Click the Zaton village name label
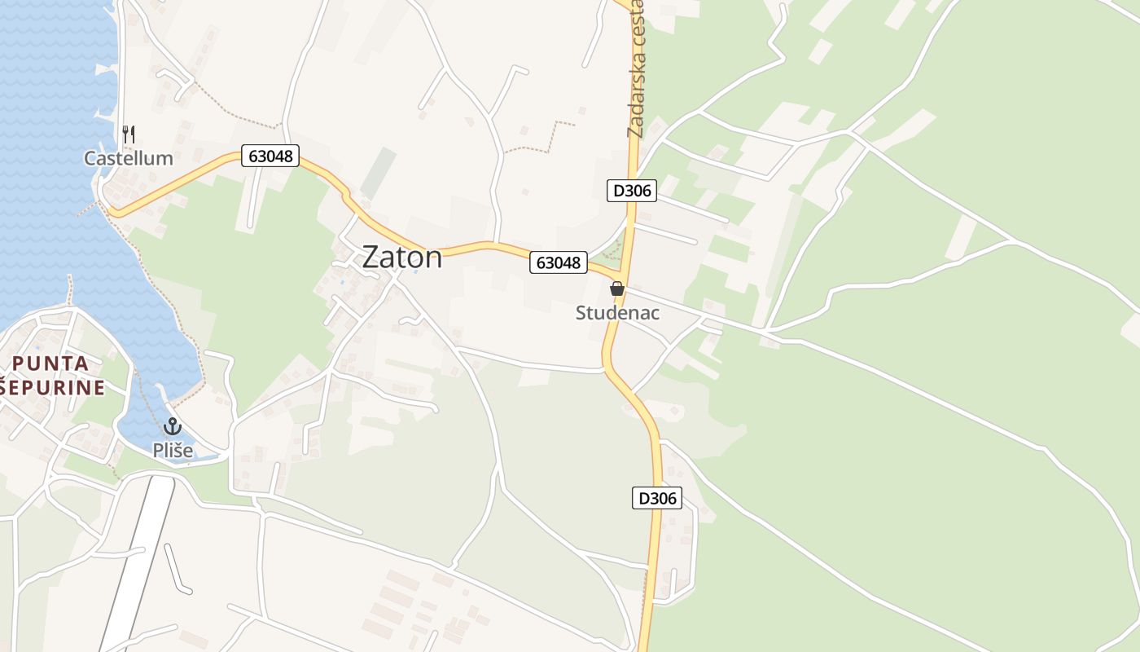tap(402, 258)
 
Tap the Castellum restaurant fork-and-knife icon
tap(129, 134)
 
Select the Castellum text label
tap(129, 158)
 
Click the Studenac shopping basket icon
tap(617, 289)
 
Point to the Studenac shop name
tap(617, 313)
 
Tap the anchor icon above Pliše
tap(172, 426)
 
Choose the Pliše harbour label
tap(173, 450)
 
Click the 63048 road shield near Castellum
tap(270, 156)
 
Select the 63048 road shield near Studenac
tap(559, 262)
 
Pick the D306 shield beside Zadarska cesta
tap(631, 191)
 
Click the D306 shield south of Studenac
tap(656, 498)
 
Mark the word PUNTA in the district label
tap(51, 363)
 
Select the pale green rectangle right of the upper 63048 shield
tap(378, 173)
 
